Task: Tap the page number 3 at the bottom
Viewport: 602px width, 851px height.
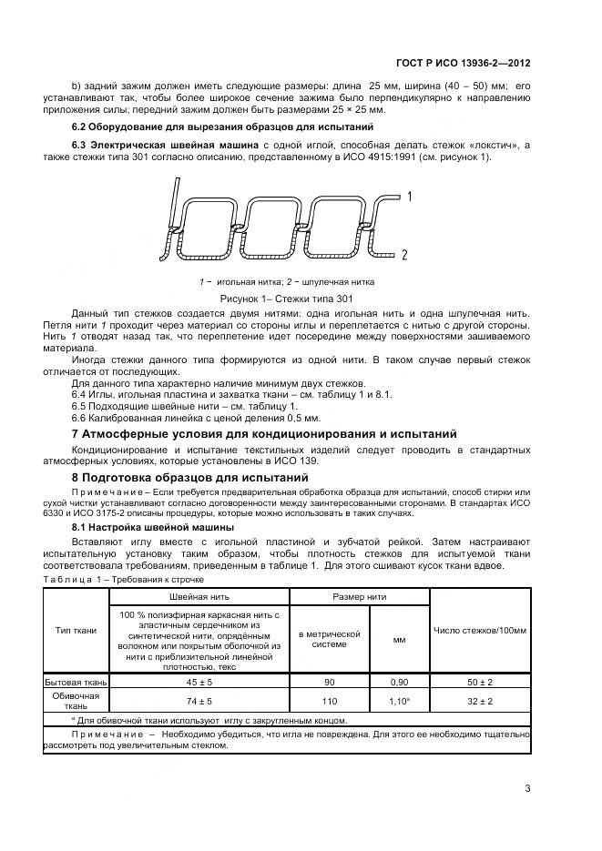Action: pos(528,788)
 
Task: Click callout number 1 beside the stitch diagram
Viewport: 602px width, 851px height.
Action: pos(411,196)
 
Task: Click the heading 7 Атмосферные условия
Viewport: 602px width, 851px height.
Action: pos(264,433)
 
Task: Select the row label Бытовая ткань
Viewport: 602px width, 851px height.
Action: pos(76,681)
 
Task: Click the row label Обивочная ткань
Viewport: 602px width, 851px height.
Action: pos(76,701)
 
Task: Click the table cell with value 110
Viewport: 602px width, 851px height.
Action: pos(329,701)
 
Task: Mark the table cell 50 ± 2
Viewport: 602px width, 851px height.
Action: pos(480,681)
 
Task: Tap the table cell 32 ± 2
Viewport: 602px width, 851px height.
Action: pos(480,701)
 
